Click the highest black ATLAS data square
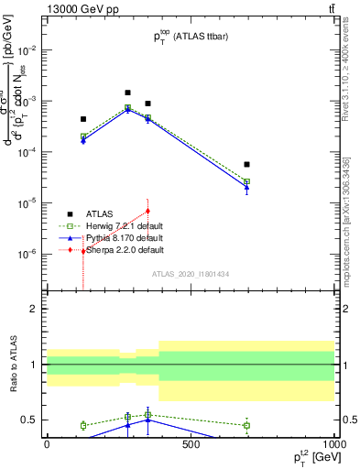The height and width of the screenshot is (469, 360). pos(127,93)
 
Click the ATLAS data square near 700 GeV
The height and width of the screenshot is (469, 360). pos(246,164)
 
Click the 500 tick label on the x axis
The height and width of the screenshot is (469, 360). pos(191,444)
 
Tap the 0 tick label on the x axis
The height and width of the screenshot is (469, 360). pos(48,444)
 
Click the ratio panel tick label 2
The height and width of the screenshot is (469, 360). pos(33,310)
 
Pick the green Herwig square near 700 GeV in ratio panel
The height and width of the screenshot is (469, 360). pos(246,425)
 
